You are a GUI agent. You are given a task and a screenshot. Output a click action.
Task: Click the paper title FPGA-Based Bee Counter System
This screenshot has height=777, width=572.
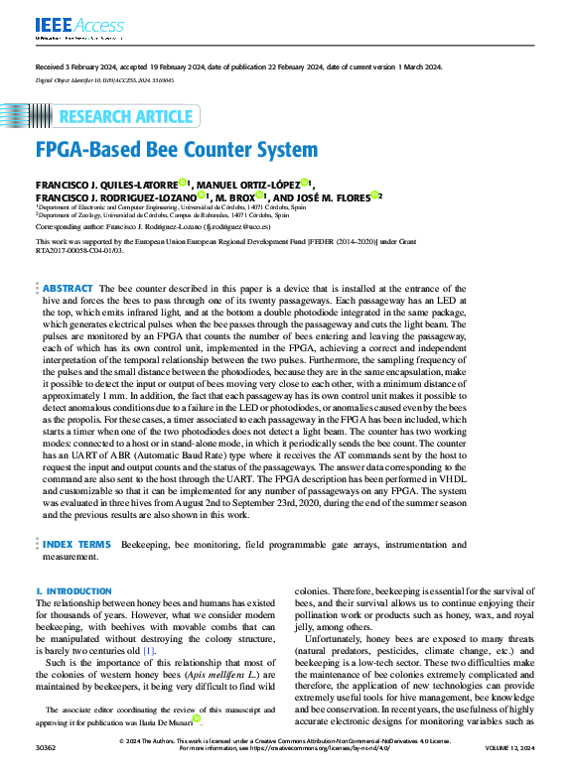(x=177, y=152)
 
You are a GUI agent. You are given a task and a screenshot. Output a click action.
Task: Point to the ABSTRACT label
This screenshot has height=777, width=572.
(x=68, y=287)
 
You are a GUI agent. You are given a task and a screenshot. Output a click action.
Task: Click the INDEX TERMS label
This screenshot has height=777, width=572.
(x=76, y=545)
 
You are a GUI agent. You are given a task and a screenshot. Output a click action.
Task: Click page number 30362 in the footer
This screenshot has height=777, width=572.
(x=46, y=770)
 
